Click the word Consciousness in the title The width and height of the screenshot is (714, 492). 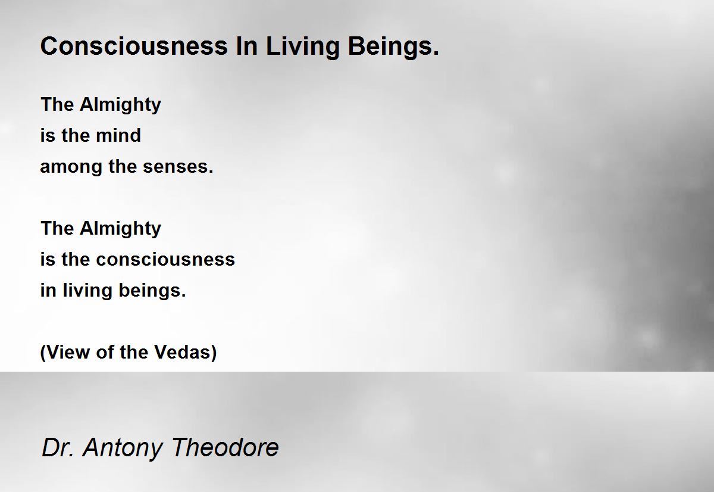coord(134,46)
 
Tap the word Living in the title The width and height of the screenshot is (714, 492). coord(302,48)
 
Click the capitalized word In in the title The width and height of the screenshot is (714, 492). coord(247,46)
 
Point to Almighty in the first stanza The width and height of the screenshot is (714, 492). coord(120,105)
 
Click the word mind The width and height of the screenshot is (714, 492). coord(118,135)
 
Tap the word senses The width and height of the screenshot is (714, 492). coord(178,167)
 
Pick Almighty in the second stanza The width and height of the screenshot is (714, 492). coord(120,229)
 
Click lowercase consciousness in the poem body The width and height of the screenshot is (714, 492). coord(165,259)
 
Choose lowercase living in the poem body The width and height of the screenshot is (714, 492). coord(87,291)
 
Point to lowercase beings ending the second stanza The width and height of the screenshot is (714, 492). coord(152,291)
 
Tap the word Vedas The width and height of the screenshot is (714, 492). coord(186,352)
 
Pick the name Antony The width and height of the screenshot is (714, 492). coord(123,449)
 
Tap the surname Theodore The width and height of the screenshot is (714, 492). coord(225,447)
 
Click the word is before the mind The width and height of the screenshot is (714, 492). coord(48,135)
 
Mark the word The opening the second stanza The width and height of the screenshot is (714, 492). coord(58,229)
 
